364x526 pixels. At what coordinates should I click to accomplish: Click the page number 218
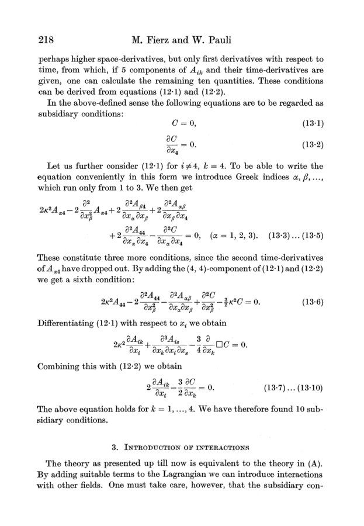[x=46, y=41]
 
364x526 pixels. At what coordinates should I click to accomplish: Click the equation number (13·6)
[x=313, y=303]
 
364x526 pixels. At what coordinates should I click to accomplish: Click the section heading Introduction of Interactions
[x=182, y=448]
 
